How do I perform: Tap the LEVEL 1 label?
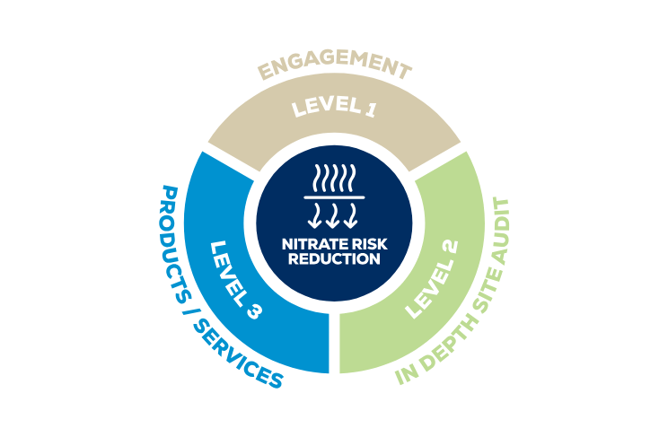(334, 109)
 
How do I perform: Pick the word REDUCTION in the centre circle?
(334, 259)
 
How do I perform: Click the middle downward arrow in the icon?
(334, 216)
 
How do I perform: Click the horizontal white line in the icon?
(334, 197)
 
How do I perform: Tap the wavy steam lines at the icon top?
(334, 178)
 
